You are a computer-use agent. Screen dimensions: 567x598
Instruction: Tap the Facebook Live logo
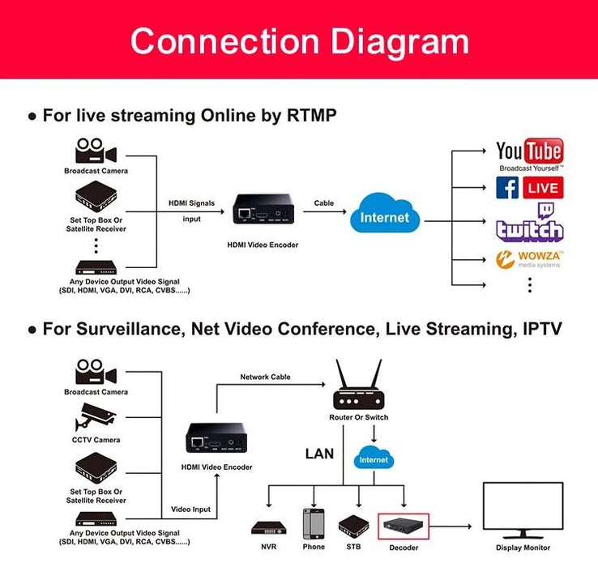click(529, 188)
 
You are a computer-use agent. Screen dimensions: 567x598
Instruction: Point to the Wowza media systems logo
click(529, 260)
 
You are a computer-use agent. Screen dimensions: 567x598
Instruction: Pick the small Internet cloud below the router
click(373, 459)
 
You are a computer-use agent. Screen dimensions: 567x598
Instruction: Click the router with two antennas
click(358, 390)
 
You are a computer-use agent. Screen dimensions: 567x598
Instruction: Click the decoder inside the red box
click(404, 526)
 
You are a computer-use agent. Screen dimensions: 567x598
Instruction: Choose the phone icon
click(313, 524)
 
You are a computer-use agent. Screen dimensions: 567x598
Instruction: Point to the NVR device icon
click(267, 528)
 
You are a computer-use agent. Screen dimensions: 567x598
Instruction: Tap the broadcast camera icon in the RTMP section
click(96, 151)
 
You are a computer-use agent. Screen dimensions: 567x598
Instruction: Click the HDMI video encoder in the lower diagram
click(216, 440)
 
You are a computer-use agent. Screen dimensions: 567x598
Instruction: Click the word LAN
click(319, 454)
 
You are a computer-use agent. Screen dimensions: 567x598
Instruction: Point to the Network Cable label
click(265, 377)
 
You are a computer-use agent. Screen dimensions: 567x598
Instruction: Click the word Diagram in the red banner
click(401, 40)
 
